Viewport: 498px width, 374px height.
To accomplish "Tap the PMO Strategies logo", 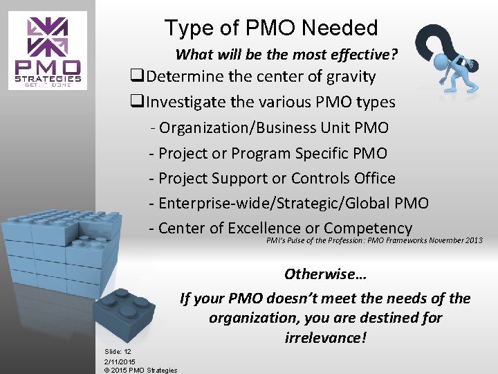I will coord(48,51).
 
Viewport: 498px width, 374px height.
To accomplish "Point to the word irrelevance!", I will coord(325,339).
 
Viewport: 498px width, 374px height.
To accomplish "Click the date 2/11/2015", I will coord(120,362).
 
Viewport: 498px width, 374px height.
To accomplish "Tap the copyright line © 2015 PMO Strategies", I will coord(140,370).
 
